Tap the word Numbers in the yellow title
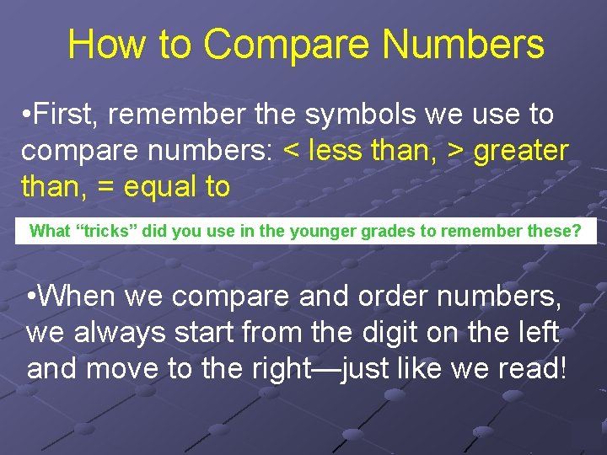point(475,44)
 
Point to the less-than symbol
point(292,151)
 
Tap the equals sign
point(106,186)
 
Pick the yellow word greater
point(522,151)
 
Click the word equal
point(157,186)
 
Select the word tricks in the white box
point(109,231)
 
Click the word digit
point(379,333)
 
